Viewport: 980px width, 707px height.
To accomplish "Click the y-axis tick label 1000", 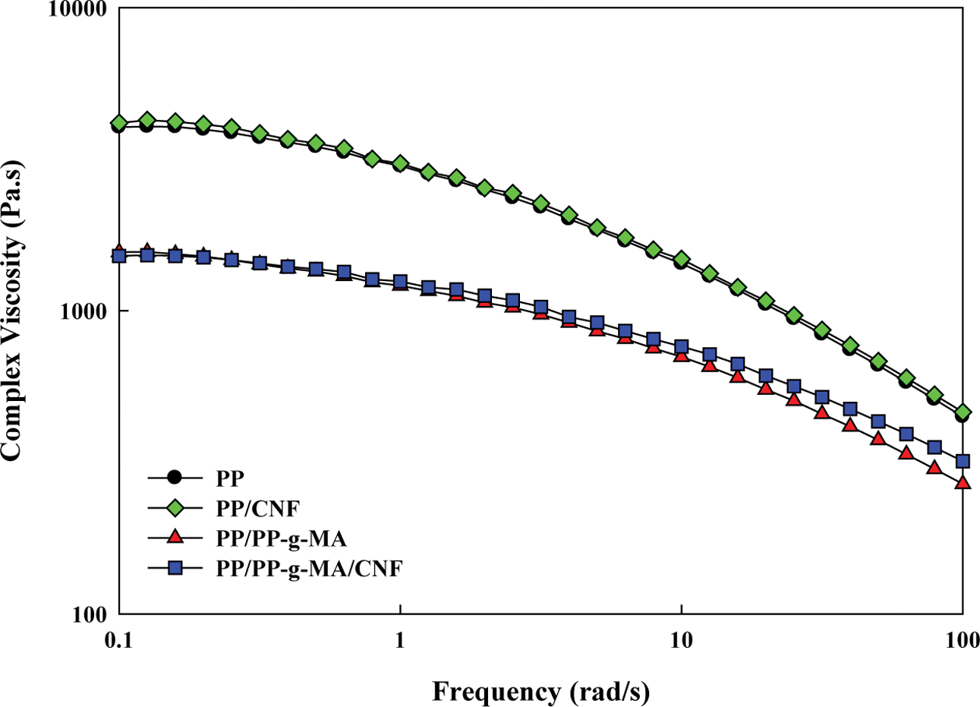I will [78, 312].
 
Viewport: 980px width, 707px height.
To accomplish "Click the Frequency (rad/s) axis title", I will [541, 691].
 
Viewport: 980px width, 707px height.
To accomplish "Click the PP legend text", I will [230, 478].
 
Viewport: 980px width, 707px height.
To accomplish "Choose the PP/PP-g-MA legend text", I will [281, 538].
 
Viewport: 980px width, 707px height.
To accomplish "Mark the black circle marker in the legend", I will [175, 478].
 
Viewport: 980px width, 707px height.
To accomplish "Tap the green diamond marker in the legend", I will [175, 507].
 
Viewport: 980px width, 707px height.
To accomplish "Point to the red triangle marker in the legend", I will [175, 538].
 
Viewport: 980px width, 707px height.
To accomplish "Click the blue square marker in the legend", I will [175, 567].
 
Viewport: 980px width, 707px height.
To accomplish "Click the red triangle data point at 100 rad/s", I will [963, 482].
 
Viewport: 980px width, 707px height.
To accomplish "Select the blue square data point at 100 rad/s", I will [963, 461].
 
